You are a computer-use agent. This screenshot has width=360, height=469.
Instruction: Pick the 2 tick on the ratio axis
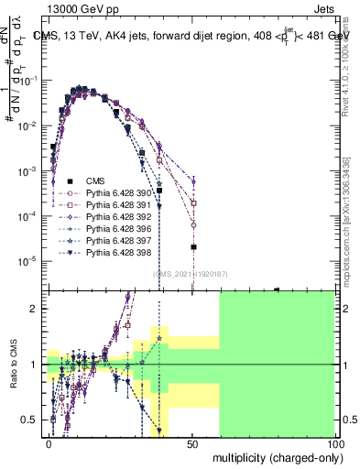(x=38, y=309)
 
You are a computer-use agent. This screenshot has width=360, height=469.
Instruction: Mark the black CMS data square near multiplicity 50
(x=193, y=246)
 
